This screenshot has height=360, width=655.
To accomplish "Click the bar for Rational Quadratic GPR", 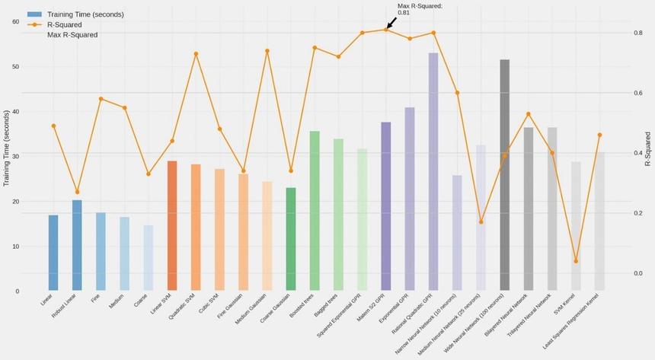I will pyautogui.click(x=433, y=171).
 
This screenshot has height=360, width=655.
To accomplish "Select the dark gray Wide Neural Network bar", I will pyautogui.click(x=504, y=175).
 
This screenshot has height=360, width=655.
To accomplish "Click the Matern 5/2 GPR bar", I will pyautogui.click(x=385, y=206).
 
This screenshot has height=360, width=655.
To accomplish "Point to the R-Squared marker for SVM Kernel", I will pyautogui.click(x=576, y=261).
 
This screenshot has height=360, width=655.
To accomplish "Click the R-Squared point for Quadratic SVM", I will pyautogui.click(x=196, y=54).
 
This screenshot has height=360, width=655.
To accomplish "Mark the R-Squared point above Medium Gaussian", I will pyautogui.click(x=267, y=51).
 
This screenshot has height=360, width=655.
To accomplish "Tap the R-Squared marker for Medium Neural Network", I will pyautogui.click(x=481, y=221).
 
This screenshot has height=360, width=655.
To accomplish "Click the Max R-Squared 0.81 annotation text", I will pyautogui.click(x=419, y=9).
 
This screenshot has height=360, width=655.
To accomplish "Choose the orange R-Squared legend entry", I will pyautogui.click(x=64, y=24).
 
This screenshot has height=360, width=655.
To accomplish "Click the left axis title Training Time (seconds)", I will pyautogui.click(x=6, y=148).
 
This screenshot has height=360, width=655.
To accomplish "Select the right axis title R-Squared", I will pyautogui.click(x=648, y=149).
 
